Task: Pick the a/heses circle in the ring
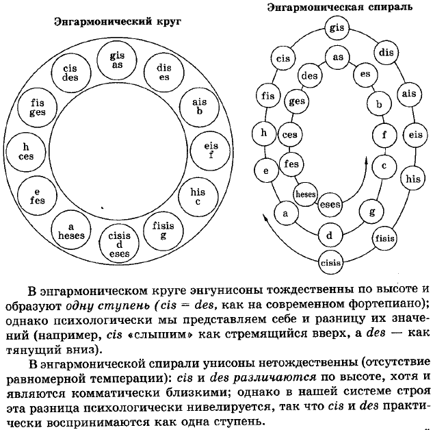pos(72,230)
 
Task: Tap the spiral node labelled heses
pos(305,194)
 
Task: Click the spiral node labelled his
pos(412,179)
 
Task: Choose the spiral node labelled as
pos(337,58)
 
